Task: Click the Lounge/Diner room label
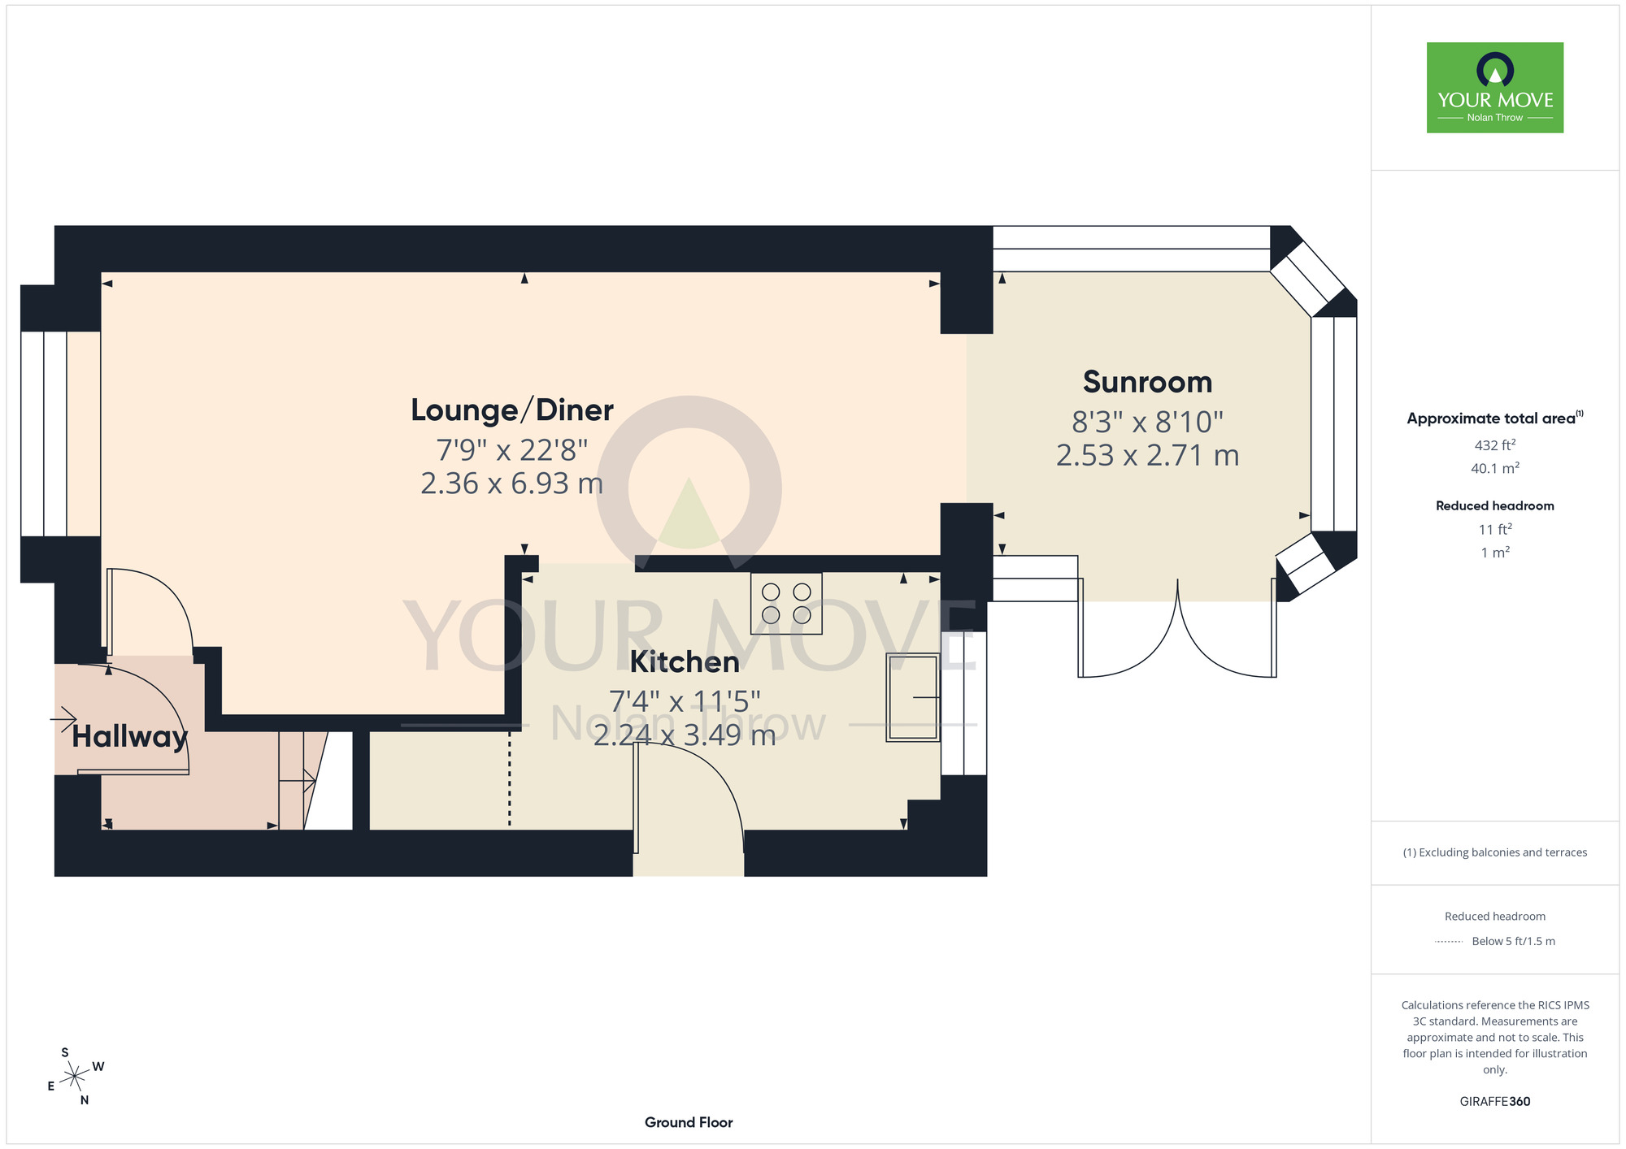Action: tap(511, 410)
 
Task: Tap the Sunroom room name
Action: tap(1147, 382)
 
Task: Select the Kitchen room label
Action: tap(685, 662)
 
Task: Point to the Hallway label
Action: tap(130, 737)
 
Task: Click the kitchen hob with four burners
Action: tap(786, 603)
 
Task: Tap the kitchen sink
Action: tap(913, 697)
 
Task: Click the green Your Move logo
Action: tap(1495, 88)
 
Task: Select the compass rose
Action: tap(76, 1077)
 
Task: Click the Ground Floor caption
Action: tap(689, 1122)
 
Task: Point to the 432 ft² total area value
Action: tap(1495, 444)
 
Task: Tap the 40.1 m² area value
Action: tap(1495, 468)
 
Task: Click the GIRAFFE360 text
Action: tap(1495, 1102)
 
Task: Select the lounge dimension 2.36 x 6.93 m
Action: tap(512, 483)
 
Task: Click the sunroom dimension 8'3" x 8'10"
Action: tap(1147, 422)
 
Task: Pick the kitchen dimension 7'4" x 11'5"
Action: tap(685, 701)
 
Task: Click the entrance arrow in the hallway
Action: tap(63, 719)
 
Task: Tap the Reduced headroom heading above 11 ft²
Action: tap(1495, 505)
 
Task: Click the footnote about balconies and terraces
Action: tap(1495, 852)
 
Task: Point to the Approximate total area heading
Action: tap(1495, 418)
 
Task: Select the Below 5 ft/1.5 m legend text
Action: tap(1513, 941)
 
